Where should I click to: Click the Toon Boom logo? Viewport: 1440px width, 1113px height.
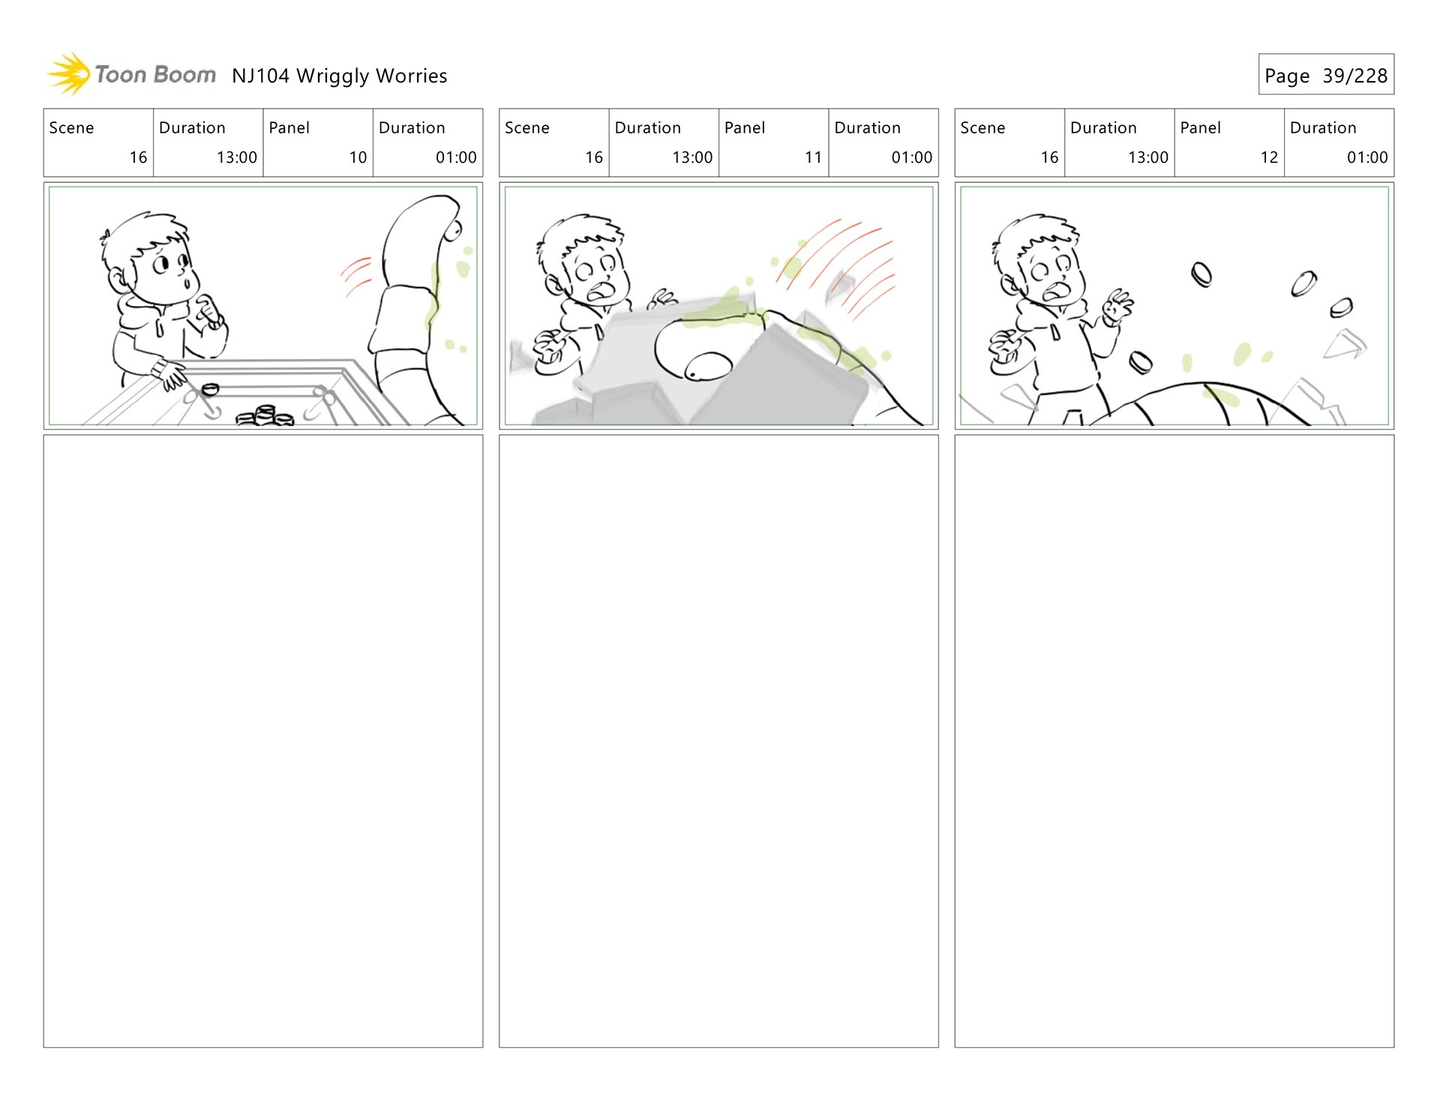pos(131,74)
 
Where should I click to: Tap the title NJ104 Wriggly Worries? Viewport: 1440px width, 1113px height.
pos(339,76)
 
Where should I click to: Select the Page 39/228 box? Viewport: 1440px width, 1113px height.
pos(1326,74)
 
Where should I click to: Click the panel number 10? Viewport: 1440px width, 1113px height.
pos(358,157)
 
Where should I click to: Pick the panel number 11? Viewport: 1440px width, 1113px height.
pos(813,157)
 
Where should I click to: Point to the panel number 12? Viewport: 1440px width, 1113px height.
pos(1269,157)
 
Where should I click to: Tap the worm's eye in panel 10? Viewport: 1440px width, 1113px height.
pos(452,231)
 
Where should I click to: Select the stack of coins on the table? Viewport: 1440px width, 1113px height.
pos(265,415)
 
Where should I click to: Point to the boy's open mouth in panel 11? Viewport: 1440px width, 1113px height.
pos(599,291)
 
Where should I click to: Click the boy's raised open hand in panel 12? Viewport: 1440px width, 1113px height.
pos(1118,306)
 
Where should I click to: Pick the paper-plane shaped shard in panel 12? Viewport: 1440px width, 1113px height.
pos(1345,344)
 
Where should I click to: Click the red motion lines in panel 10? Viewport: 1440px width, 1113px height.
pos(357,276)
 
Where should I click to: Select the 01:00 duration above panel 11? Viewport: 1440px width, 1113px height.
pos(911,157)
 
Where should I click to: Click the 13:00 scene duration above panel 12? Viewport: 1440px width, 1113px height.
pos(1147,157)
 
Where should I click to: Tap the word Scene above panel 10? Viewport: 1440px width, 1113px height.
pos(71,127)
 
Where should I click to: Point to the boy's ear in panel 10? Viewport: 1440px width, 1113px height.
pos(118,280)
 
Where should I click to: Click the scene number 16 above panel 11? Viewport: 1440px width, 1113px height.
pos(594,157)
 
